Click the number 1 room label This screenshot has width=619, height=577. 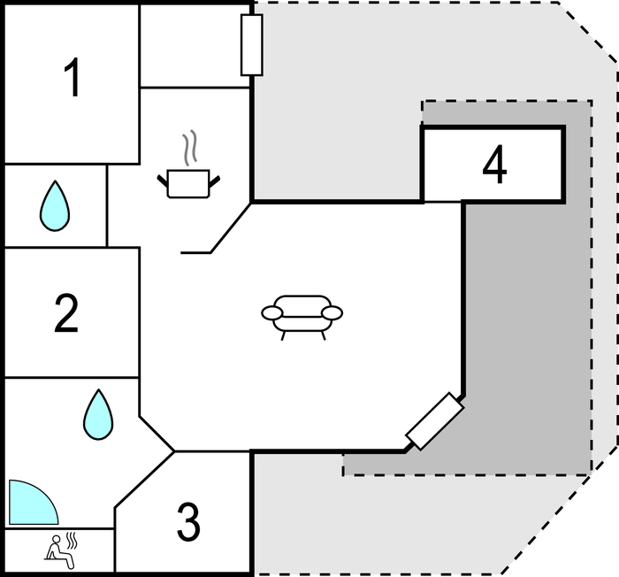pyautogui.click(x=73, y=79)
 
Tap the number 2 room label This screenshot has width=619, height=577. pyautogui.click(x=66, y=314)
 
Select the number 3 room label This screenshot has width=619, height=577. pyautogui.click(x=188, y=522)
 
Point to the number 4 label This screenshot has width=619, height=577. pyautogui.click(x=494, y=165)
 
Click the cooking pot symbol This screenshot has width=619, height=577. pyautogui.click(x=188, y=182)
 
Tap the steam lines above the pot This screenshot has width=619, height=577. pyautogui.click(x=188, y=147)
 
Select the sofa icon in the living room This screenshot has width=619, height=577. pyautogui.click(x=302, y=315)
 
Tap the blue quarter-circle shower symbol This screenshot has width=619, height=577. pyautogui.click(x=28, y=505)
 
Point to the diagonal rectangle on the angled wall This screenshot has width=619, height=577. pyautogui.click(x=434, y=420)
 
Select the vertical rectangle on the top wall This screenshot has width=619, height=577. pyautogui.click(x=251, y=44)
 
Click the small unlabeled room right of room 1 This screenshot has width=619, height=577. pyautogui.click(x=195, y=44)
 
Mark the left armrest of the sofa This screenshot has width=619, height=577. pyautogui.click(x=271, y=312)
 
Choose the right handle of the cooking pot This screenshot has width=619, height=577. pyautogui.click(x=213, y=181)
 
